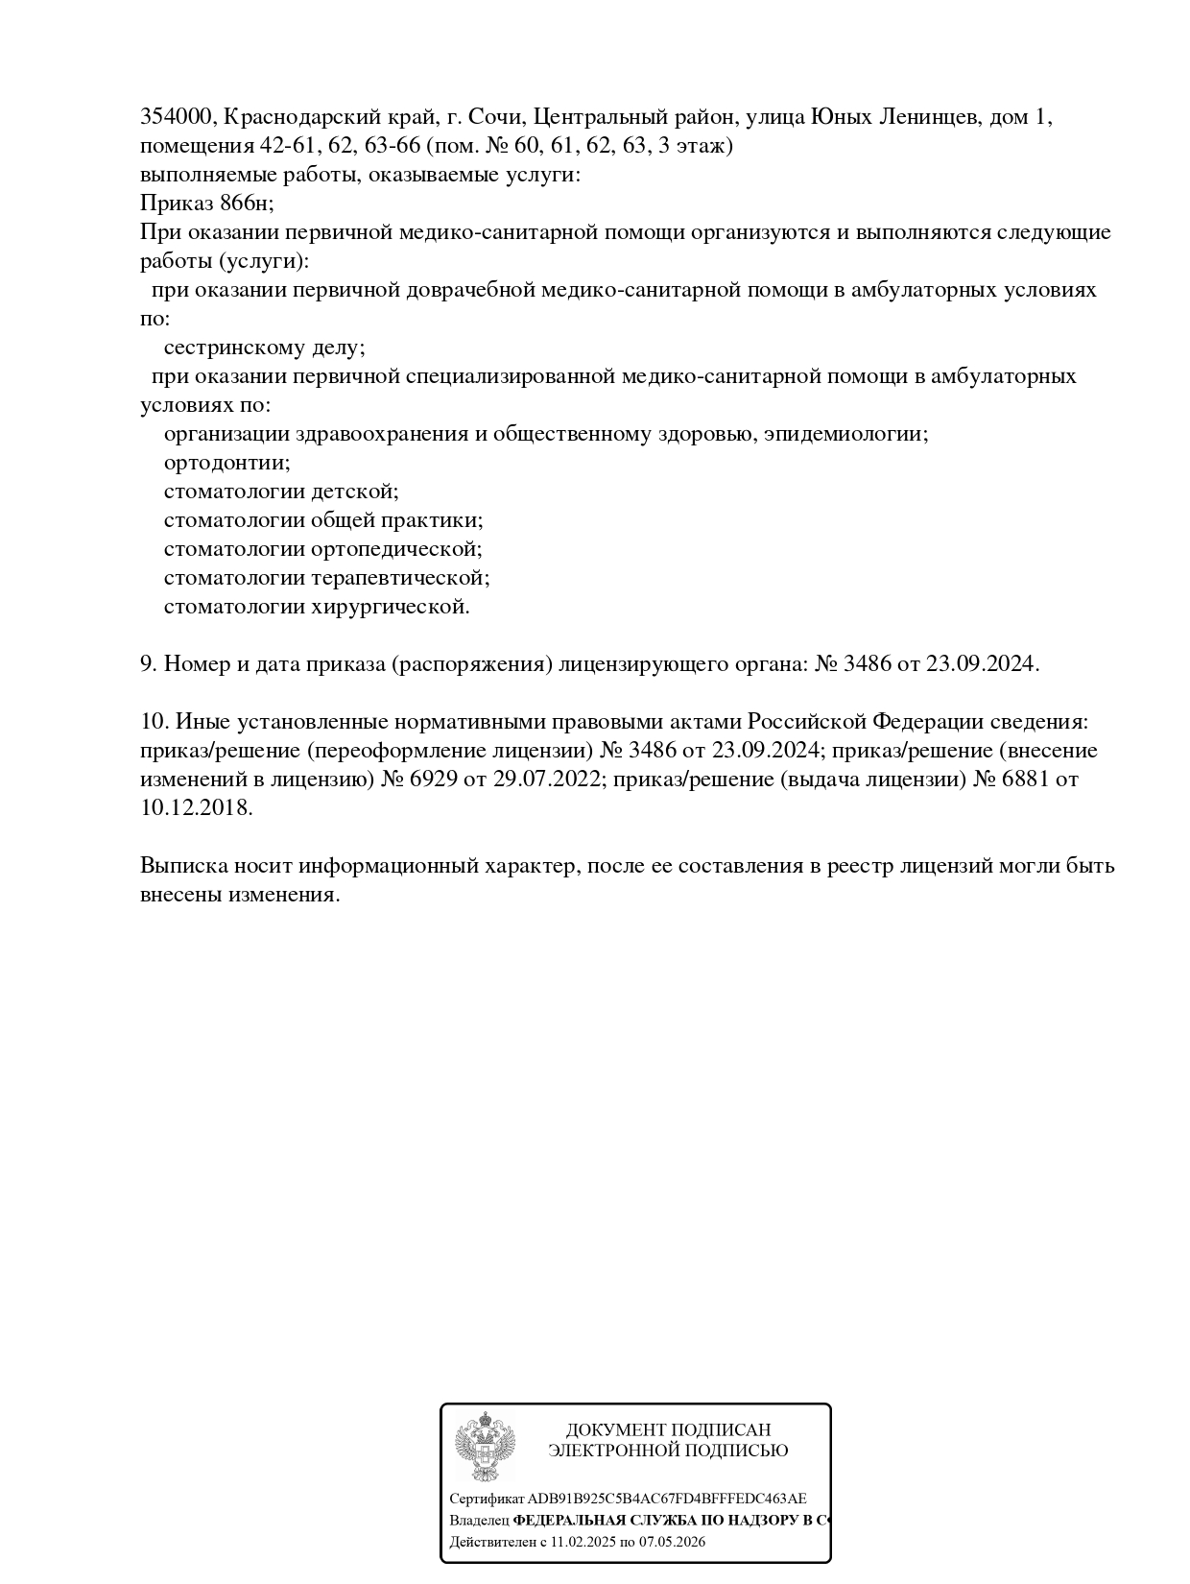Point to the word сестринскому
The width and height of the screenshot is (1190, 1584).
233,348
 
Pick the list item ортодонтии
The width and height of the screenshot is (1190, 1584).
226,463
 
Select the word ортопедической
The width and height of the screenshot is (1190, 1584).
396,549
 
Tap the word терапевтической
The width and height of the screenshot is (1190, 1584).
400,578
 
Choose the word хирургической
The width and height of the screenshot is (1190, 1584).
391,607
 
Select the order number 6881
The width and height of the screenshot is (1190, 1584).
1025,779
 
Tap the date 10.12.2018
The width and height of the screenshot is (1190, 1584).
196,807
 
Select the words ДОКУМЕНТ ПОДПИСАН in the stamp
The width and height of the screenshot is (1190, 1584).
668,1430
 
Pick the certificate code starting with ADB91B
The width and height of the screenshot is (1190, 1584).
667,1499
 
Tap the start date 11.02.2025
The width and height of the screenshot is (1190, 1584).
583,1542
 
